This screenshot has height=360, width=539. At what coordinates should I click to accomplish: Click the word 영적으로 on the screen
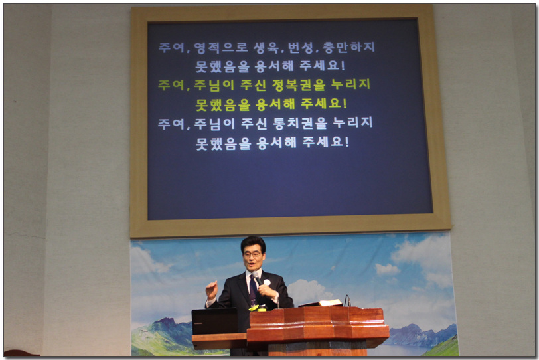click(220, 47)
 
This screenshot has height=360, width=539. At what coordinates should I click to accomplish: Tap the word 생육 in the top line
click(266, 47)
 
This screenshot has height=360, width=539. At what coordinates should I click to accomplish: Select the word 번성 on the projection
click(300, 47)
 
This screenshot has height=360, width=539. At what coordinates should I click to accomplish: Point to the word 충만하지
click(348, 47)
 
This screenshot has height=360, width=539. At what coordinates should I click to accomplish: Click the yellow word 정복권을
click(299, 84)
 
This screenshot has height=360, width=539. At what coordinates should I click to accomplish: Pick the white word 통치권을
click(300, 123)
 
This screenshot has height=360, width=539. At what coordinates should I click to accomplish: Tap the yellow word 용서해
click(275, 104)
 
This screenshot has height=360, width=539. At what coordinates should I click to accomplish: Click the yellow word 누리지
click(350, 84)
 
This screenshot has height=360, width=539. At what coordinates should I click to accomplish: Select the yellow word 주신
click(253, 85)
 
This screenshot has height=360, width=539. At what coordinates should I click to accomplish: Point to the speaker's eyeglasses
click(253, 255)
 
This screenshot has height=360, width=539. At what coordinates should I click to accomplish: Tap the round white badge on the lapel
click(267, 282)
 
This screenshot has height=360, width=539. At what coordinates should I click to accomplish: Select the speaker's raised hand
click(212, 290)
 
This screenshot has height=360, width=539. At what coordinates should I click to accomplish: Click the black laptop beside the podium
click(214, 321)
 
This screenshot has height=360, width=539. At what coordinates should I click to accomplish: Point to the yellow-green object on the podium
click(257, 308)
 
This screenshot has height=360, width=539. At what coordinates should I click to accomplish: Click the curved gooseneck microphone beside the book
click(347, 300)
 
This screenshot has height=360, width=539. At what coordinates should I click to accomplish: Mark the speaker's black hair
click(254, 244)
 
